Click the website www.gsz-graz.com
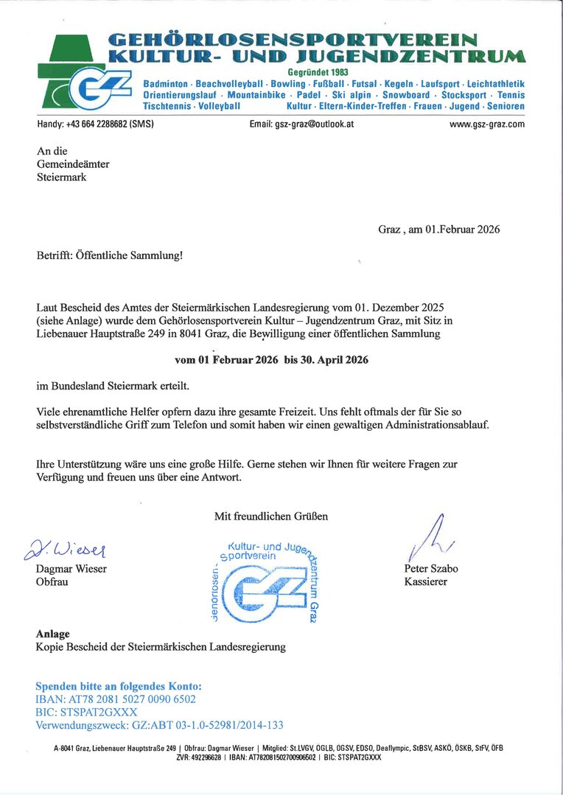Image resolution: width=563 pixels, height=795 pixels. [x=486, y=124]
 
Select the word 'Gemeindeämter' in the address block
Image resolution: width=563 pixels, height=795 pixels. [x=73, y=164]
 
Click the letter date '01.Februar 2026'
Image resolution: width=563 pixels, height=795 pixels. [x=463, y=229]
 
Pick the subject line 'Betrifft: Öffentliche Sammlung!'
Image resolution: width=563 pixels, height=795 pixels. [x=109, y=256]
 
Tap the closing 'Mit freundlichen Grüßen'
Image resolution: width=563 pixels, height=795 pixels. [x=271, y=516]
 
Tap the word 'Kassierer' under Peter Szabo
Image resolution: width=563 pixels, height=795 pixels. [x=425, y=582]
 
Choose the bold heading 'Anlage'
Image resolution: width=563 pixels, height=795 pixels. [x=53, y=634]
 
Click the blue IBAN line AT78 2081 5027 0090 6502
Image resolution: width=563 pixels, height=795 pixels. [x=116, y=699]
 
